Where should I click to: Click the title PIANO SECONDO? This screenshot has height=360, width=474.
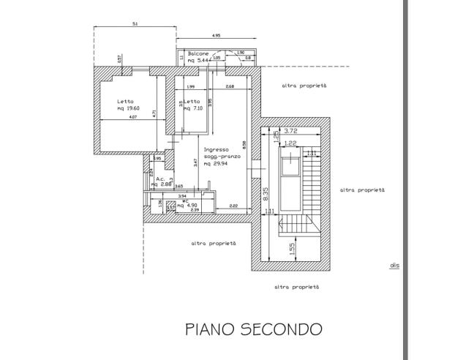click(x=252, y=329)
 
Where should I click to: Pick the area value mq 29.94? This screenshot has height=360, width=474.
click(x=217, y=165)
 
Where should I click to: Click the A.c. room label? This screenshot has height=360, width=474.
click(x=160, y=178)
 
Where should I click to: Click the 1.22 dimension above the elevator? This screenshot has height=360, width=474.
click(x=290, y=143)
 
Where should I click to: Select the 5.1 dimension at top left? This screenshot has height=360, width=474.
click(x=135, y=24)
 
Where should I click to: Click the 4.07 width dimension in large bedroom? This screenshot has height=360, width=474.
click(x=132, y=117)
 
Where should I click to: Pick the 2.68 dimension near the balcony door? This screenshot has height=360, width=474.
click(x=229, y=87)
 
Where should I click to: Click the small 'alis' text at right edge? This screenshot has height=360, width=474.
click(x=394, y=266)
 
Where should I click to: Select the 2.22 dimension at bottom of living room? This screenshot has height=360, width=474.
click(x=232, y=206)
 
